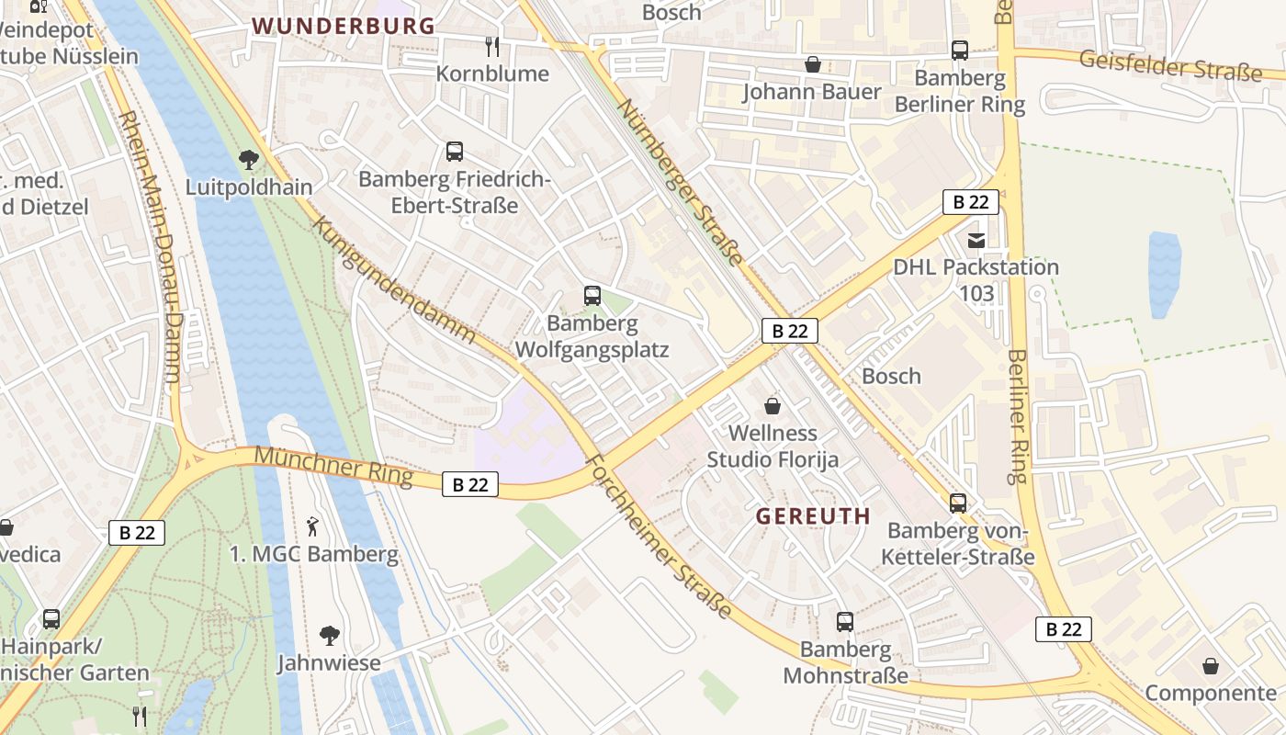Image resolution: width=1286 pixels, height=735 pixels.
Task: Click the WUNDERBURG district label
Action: point(344,26)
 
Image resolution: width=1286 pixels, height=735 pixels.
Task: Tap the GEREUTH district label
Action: point(813,516)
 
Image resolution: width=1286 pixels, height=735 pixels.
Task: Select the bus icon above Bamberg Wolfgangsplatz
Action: point(592,296)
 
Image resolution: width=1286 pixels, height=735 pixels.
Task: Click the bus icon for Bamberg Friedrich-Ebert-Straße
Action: point(454,152)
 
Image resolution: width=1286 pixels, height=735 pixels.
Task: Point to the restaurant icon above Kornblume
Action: point(492,46)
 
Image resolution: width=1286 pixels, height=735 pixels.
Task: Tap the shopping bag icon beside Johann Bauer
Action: point(812,64)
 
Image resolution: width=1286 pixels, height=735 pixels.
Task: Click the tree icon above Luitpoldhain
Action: point(248,160)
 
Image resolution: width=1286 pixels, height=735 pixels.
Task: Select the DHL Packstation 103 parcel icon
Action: point(976,240)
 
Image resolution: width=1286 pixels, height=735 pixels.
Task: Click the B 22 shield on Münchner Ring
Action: point(470,485)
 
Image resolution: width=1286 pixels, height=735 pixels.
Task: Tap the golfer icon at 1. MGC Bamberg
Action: point(313,526)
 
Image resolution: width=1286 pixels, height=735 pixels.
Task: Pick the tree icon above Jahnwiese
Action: point(329,635)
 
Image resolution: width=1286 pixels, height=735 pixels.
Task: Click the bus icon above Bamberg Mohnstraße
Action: point(844,622)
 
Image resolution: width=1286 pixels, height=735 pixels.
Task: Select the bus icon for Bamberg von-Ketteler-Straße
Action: point(958,503)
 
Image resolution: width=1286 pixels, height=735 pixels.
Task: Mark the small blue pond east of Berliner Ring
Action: point(1164,273)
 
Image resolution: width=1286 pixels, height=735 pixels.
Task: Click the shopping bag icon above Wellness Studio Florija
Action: point(773,405)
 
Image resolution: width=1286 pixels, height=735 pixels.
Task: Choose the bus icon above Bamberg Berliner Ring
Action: point(960,51)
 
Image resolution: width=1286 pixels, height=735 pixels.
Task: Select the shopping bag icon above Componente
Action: point(1211,665)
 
